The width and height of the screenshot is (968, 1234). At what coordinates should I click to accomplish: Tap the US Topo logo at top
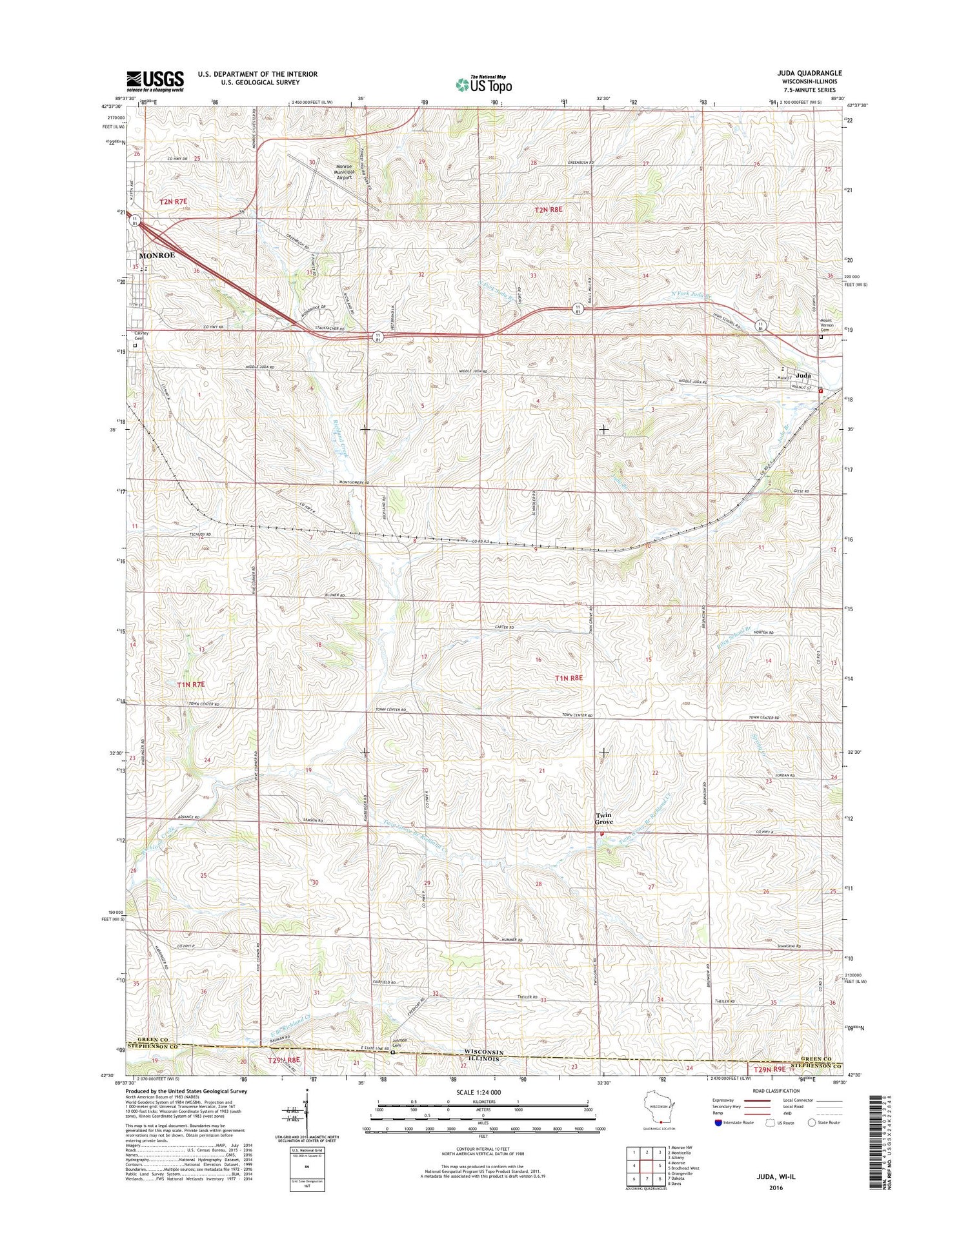click(484, 84)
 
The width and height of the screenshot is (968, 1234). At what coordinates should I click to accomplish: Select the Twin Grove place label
click(604, 819)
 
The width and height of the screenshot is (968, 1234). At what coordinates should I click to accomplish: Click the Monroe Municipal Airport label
click(344, 173)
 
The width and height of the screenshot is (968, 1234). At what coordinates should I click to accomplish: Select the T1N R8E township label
click(569, 678)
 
